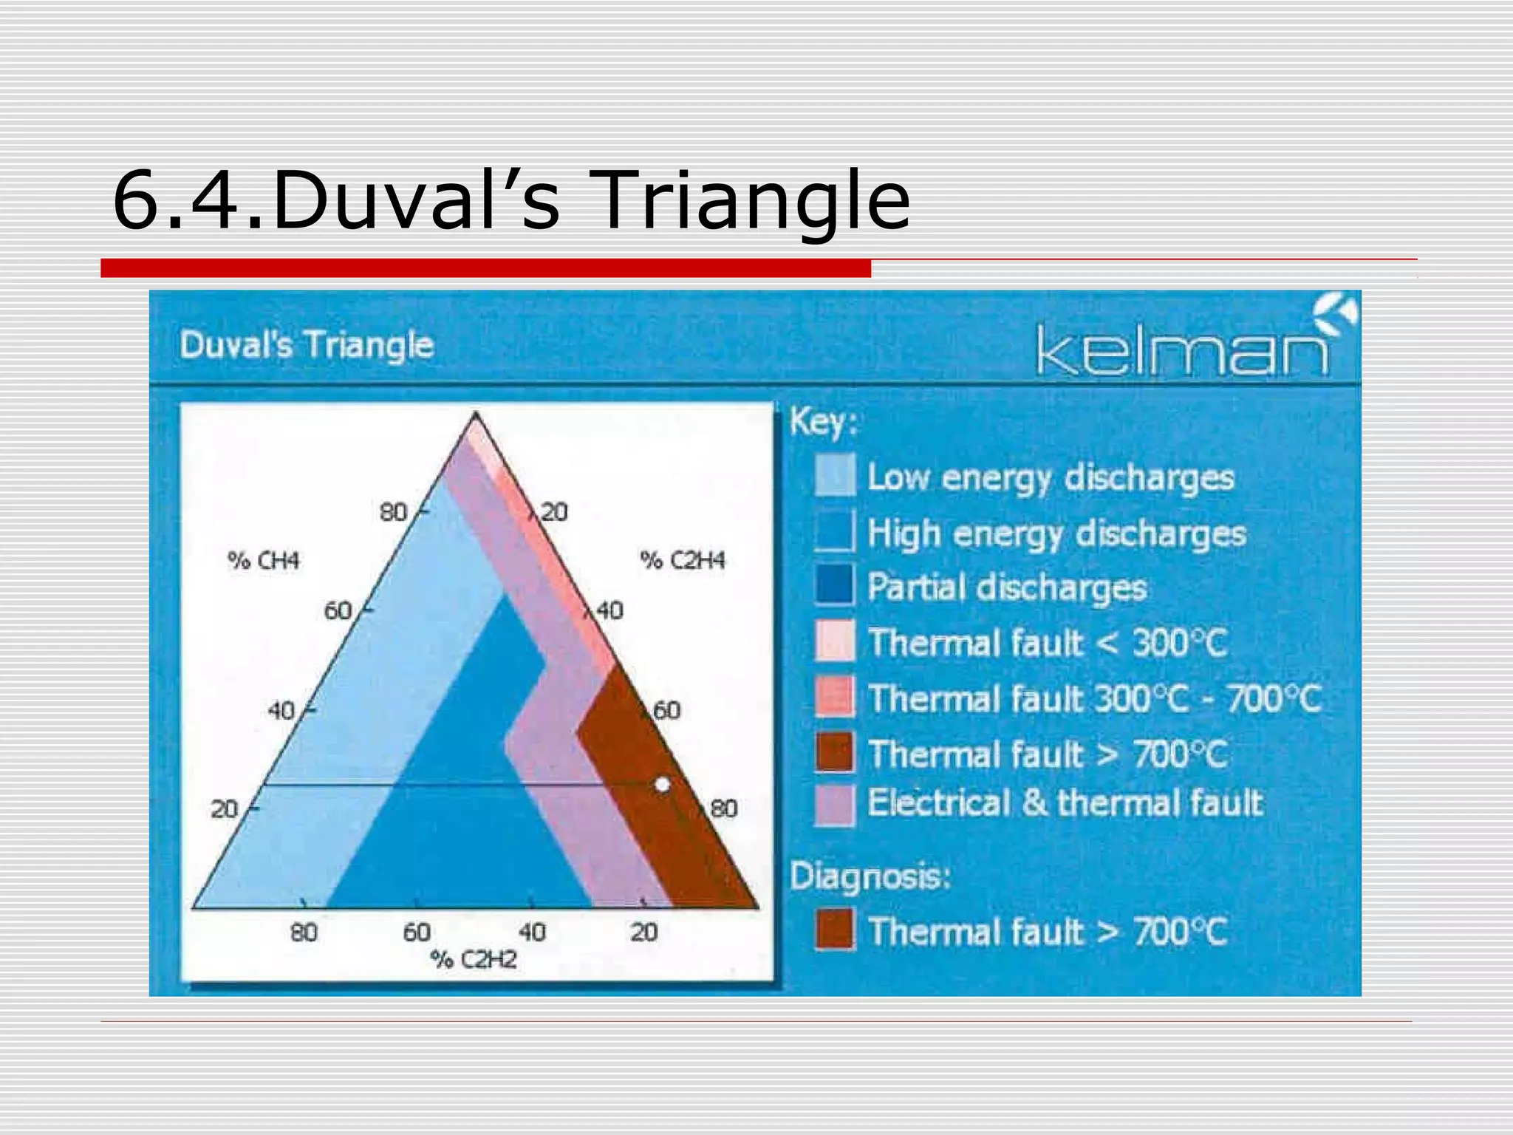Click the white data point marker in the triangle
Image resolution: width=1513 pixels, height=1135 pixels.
click(663, 784)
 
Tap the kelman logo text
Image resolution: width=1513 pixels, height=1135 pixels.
click(1182, 352)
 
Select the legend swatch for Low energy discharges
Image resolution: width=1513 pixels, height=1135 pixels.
click(835, 475)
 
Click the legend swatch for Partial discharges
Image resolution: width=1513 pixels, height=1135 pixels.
click(835, 585)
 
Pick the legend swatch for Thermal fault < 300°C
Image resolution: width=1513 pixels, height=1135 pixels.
click(835, 641)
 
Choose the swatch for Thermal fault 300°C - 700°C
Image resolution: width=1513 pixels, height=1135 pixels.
click(835, 696)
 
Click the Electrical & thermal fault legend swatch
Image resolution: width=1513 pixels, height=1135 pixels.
click(835, 804)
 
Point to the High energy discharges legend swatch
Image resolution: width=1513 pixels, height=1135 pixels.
click(835, 531)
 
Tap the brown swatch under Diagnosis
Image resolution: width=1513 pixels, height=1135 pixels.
click(835, 929)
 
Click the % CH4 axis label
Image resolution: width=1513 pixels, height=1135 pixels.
click(264, 561)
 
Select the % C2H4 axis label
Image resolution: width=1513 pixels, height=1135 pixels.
click(683, 560)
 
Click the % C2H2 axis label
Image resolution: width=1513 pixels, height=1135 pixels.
click(474, 959)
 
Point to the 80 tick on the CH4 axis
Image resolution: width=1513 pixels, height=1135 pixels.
click(394, 511)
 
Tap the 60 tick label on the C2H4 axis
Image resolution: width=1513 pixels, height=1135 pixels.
click(666, 710)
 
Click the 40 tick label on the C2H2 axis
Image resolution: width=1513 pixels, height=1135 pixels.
click(532, 932)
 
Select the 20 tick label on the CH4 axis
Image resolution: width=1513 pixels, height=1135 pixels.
click(224, 809)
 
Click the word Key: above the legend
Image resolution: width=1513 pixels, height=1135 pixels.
click(823, 423)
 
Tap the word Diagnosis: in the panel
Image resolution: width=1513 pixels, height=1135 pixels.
click(870, 877)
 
